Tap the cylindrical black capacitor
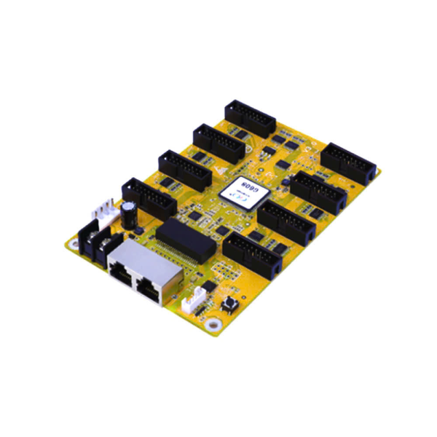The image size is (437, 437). click(128, 213)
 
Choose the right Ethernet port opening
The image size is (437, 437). click(149, 289)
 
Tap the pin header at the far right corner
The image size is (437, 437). click(349, 162)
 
